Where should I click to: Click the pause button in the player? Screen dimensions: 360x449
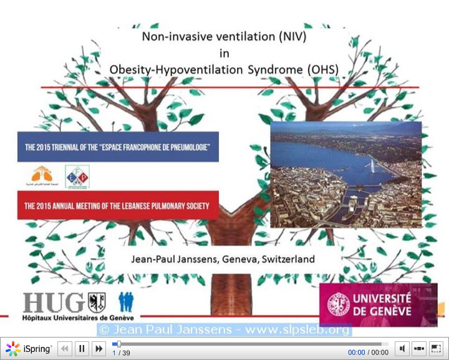click(82, 349)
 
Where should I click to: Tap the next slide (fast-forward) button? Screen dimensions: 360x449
click(99, 349)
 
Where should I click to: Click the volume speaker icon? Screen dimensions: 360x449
click(402, 349)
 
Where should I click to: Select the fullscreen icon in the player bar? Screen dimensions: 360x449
click(436, 349)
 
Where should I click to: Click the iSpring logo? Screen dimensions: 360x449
click(29, 349)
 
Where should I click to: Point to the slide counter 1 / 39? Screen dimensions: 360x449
click(122, 353)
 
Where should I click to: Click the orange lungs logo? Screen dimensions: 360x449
click(42, 177)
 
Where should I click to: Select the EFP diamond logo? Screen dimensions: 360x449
click(77, 177)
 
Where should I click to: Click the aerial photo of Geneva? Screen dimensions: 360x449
click(345, 174)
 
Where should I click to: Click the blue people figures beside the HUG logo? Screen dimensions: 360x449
click(125, 302)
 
